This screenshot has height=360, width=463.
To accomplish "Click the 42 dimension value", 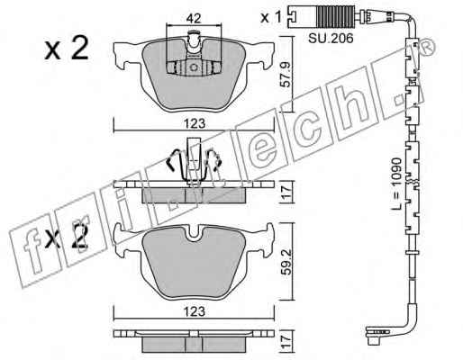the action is coord(194,19).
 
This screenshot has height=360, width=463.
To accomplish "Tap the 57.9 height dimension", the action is coord(286,75).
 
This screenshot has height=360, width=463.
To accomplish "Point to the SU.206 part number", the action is coord(331,39).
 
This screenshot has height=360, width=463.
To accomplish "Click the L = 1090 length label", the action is coord(396,183).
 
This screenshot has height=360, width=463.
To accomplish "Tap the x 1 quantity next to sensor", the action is coord(270,18).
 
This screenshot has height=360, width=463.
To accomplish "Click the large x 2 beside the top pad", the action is coord(67,48).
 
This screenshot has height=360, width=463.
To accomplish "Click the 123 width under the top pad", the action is coord(195,123).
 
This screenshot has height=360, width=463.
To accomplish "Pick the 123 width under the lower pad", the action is coord(195,311).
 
